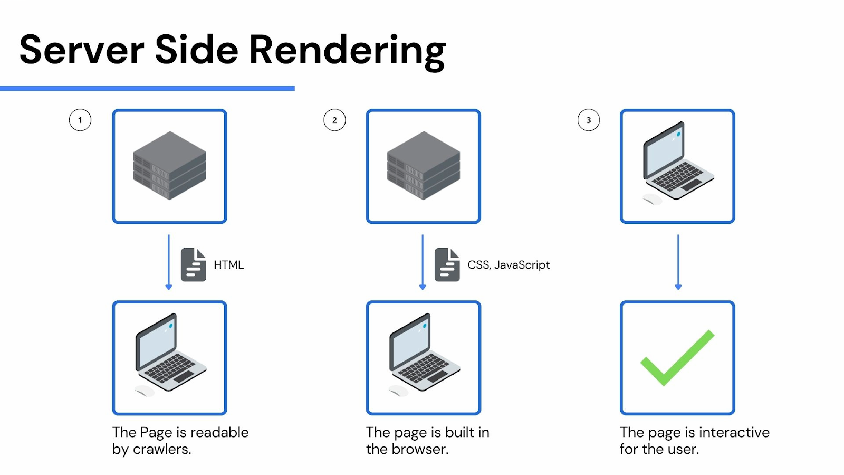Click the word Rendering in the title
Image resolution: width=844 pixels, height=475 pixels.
tap(347, 50)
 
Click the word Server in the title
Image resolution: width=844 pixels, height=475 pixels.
tap(82, 50)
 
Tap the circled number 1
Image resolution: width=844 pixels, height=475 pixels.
tap(80, 120)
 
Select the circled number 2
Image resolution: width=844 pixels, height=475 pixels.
tap(334, 120)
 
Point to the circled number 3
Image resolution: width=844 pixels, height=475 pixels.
tap(589, 120)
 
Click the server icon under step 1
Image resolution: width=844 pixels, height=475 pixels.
tap(169, 166)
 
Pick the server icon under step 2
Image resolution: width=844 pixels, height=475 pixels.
tap(423, 166)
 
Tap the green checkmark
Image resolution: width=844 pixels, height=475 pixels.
tap(677, 358)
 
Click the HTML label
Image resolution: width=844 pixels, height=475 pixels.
tap(228, 265)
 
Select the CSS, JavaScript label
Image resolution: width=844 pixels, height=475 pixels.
tap(509, 265)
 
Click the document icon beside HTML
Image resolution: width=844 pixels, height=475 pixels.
tap(194, 264)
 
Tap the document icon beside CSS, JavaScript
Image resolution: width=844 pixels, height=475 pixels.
tap(447, 264)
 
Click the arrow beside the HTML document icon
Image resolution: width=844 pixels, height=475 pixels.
tap(169, 262)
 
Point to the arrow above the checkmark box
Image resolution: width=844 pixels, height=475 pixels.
tap(678, 262)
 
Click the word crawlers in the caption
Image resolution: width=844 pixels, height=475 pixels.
tap(161, 449)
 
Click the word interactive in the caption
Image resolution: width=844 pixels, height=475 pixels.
tap(734, 432)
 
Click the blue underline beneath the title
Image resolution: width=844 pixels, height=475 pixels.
tap(147, 88)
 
